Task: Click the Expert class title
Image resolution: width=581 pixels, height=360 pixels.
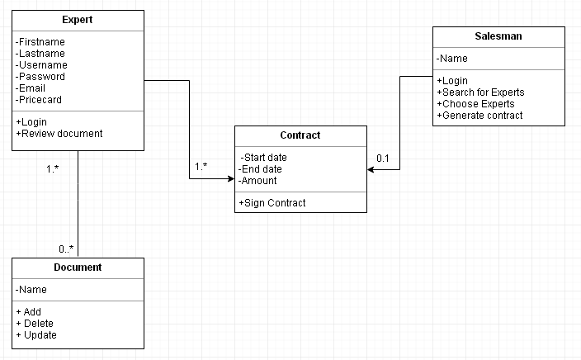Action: click(x=78, y=20)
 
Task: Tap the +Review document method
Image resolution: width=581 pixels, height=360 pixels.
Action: click(x=59, y=134)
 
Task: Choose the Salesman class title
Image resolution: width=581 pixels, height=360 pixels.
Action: click(x=498, y=36)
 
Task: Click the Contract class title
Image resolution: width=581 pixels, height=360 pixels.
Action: click(x=300, y=135)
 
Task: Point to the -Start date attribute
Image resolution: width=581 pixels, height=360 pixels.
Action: click(x=264, y=158)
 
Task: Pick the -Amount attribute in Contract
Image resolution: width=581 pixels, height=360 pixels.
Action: click(x=257, y=181)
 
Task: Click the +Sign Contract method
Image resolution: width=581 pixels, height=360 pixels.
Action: click(x=272, y=203)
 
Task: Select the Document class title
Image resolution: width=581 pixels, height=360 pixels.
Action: click(x=78, y=268)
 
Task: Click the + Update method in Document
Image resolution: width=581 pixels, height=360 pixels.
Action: click(x=36, y=335)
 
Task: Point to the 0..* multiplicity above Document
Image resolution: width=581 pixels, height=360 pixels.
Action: click(x=66, y=249)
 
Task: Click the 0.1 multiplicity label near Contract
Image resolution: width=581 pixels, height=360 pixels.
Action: click(x=383, y=158)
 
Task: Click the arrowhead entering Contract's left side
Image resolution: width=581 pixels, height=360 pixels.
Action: click(x=229, y=178)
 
